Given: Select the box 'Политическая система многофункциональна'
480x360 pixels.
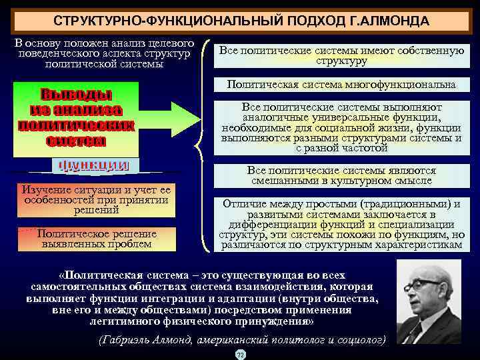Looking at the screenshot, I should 341,85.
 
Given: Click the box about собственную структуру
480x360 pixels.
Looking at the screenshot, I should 341,55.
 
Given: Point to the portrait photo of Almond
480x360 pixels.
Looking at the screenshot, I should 428,301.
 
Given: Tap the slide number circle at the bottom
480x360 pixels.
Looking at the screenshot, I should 240,354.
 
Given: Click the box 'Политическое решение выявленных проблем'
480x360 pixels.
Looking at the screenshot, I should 97,239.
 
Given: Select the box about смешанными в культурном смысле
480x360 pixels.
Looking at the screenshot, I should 341,175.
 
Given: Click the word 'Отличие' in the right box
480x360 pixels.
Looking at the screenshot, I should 247,203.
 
